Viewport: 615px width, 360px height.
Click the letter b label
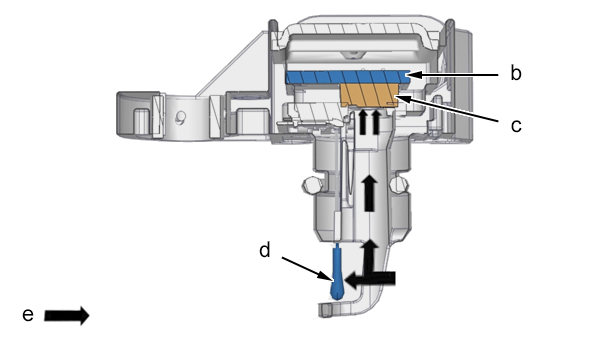(x=516, y=73)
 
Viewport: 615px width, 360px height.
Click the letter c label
(x=516, y=125)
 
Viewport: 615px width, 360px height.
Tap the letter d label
(x=265, y=249)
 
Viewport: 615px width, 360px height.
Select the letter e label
(x=28, y=315)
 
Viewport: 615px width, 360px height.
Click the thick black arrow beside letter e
(x=67, y=316)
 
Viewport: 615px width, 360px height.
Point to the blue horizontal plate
(x=348, y=77)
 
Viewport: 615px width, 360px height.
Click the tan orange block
(x=369, y=95)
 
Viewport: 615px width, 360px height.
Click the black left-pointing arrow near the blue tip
(x=370, y=279)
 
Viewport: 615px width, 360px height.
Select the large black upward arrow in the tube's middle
(x=369, y=193)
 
